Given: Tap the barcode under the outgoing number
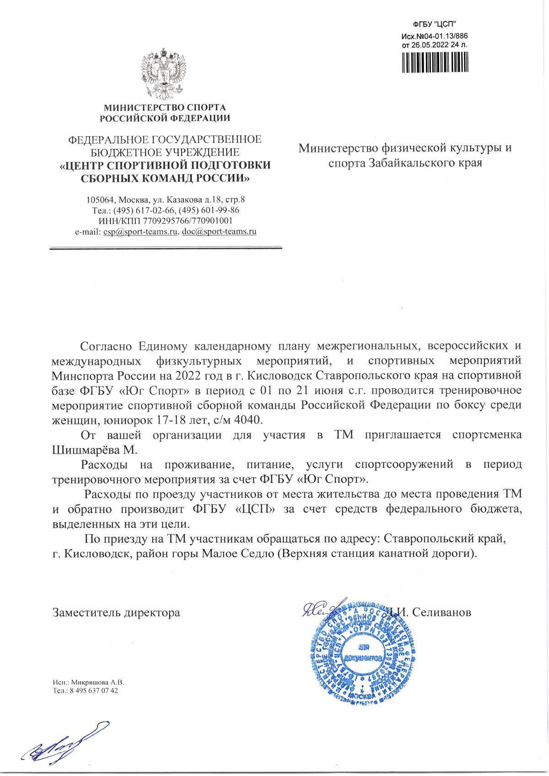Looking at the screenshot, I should click(434, 61).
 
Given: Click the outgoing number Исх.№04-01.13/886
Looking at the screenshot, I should click(435, 36).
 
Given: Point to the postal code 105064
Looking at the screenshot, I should click(100, 200).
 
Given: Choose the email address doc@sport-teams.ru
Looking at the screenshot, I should click(219, 231).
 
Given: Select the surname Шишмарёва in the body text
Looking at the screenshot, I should click(85, 450).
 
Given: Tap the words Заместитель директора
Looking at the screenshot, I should click(116, 612).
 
